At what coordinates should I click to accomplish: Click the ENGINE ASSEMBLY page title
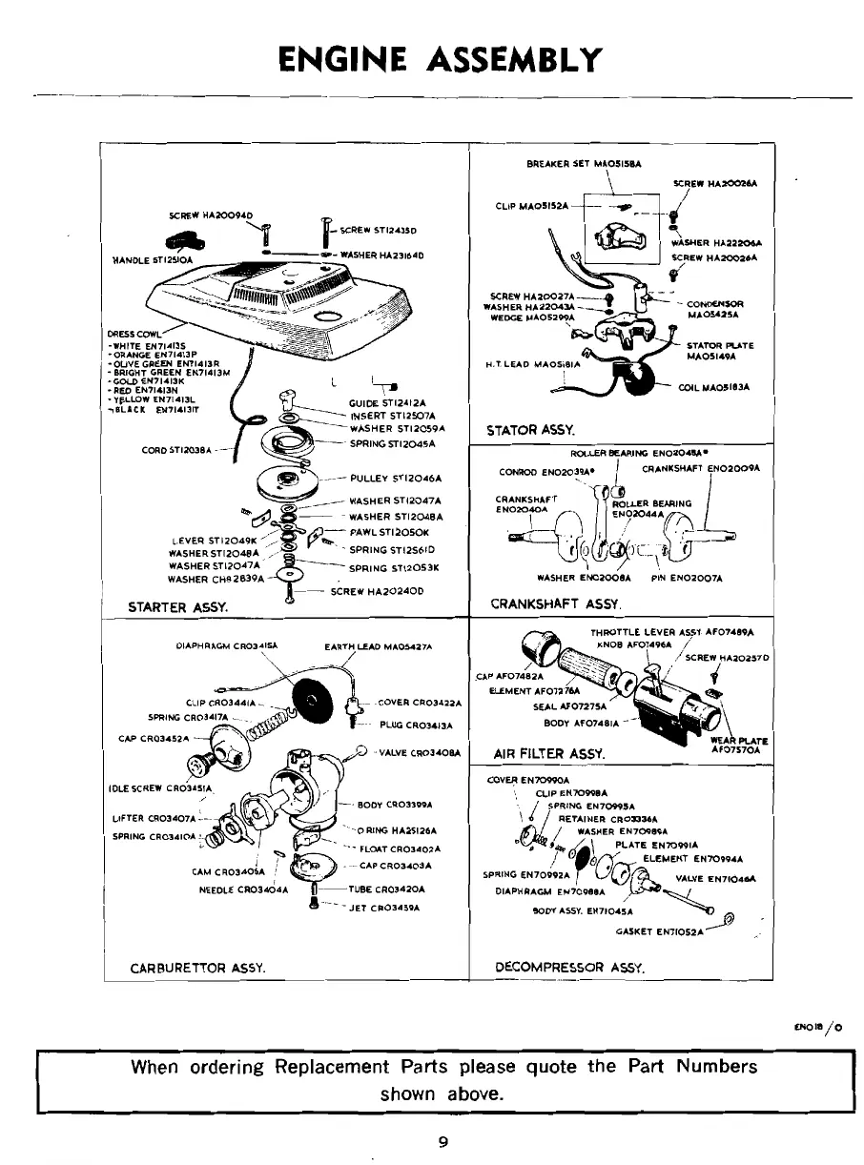440,59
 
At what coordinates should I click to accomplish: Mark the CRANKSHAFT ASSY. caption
556,603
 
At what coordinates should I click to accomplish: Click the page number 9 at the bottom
442,1143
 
